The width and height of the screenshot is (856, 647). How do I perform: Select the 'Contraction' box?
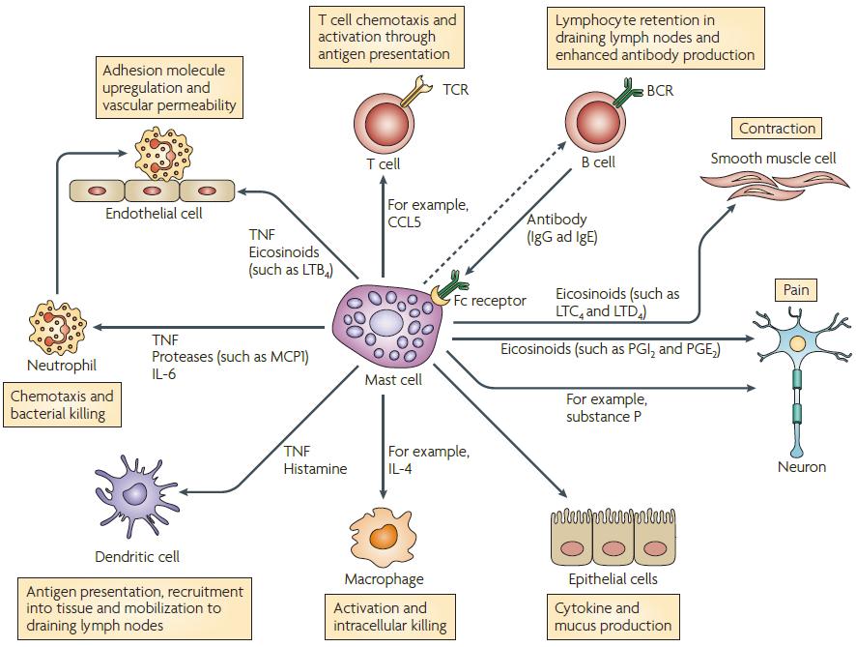point(777,129)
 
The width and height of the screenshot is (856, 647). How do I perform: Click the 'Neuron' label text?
point(802,467)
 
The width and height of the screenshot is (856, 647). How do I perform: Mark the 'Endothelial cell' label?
point(154,213)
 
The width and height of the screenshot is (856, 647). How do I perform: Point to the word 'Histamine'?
point(315,469)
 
